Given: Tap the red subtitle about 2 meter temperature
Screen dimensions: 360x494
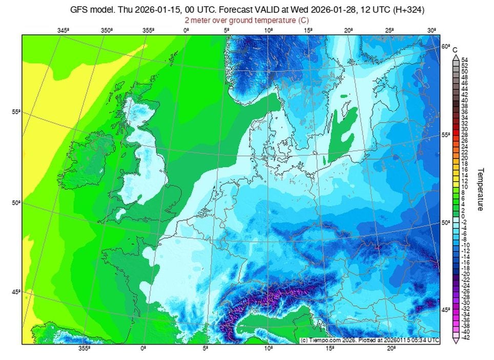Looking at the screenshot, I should [247, 20].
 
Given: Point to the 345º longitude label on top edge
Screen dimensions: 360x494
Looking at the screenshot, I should [63, 31].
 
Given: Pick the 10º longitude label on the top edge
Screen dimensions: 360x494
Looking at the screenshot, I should [268, 31].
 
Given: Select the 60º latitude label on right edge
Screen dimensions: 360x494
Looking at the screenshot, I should [445, 47].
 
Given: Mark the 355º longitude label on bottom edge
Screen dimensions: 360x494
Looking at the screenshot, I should [85, 348].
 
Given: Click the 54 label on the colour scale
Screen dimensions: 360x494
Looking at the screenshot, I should [465, 60].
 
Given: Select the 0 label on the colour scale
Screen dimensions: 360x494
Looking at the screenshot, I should [463, 215].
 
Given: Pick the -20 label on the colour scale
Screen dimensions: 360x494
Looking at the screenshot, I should [465, 273].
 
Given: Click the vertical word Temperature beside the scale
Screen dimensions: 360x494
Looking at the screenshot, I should [481, 189].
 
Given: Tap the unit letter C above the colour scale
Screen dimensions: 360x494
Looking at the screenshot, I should [455, 49].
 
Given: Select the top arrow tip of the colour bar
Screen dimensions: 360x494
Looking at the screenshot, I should [455, 55].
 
